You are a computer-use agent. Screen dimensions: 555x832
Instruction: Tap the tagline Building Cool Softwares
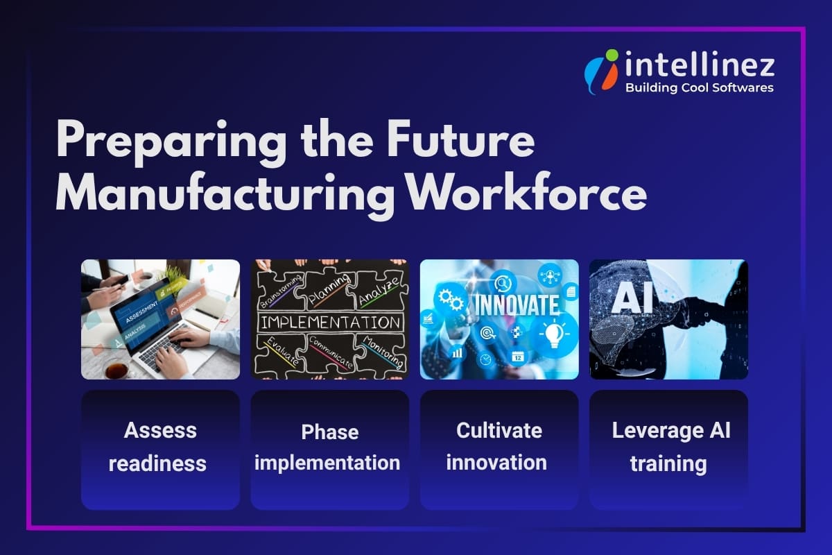coord(699,88)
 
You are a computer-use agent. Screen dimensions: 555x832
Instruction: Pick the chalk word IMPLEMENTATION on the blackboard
coord(330,323)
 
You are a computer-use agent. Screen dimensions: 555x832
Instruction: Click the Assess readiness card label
coord(160,446)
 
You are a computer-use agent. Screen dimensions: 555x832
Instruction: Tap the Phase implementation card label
coord(329,447)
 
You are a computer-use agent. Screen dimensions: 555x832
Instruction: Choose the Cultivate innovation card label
coord(499,446)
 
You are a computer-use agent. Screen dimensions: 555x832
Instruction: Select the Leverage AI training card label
coord(669,446)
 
